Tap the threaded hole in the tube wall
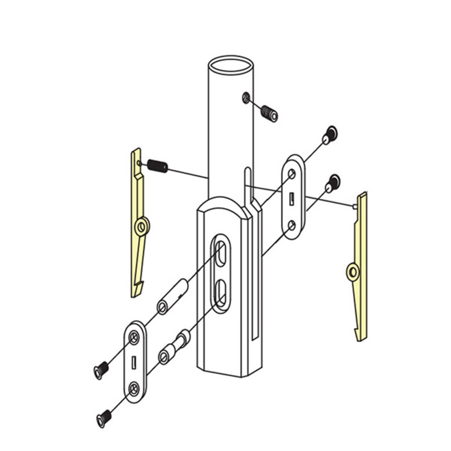coord(245,98)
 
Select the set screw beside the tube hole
coord(269,113)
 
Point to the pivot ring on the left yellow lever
coord(142,227)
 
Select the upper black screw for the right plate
coord(330,135)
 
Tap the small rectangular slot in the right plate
coord(292,199)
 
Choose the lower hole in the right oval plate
coord(292,225)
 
